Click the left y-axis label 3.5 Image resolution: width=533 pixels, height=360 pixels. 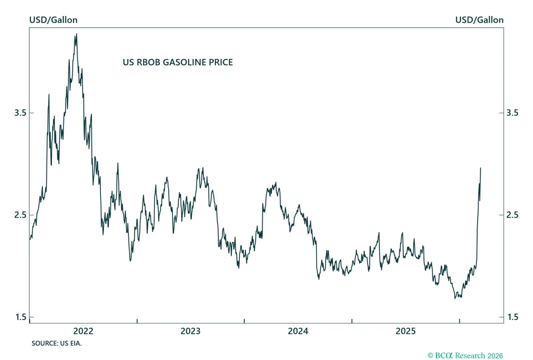(20, 113)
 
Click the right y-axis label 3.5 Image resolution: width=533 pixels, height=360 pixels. (512, 113)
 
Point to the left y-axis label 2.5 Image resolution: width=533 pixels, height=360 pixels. (20, 215)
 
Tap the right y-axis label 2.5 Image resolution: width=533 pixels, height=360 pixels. (512, 215)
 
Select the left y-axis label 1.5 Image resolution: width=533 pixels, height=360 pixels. (21, 317)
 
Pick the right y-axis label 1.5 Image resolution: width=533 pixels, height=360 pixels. (513, 317)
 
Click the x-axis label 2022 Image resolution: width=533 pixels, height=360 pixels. (83, 331)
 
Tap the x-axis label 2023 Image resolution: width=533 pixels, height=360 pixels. (191, 331)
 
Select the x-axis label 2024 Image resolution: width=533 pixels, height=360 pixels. (298, 331)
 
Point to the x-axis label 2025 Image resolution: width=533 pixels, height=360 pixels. (406, 331)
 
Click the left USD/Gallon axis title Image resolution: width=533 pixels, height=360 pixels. (53, 20)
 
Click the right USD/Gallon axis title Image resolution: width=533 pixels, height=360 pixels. (479, 20)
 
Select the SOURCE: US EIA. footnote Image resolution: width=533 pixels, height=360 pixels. (56, 343)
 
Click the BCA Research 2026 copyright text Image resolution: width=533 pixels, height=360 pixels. (465, 356)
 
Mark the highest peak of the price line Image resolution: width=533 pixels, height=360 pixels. (77, 34)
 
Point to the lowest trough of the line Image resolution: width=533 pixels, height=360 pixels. (455, 298)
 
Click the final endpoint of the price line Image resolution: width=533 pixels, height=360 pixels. (480, 168)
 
